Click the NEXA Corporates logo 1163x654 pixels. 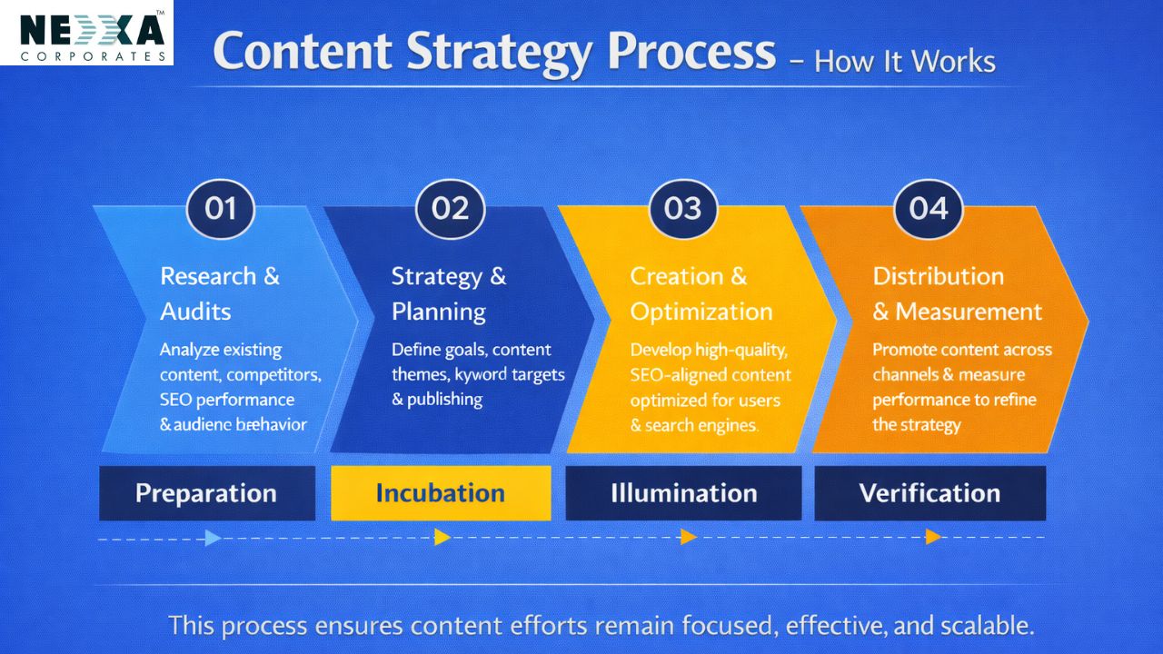tap(86, 33)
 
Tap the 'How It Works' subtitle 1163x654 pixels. tap(905, 62)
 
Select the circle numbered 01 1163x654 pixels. tap(220, 209)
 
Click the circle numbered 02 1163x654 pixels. tap(450, 209)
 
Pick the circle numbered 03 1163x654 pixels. tap(682, 209)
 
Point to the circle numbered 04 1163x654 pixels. tap(928, 209)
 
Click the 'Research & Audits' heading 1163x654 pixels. tap(220, 293)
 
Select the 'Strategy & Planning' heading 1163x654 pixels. tap(449, 293)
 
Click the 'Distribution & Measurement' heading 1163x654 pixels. tap(957, 293)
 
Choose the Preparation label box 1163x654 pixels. tap(206, 493)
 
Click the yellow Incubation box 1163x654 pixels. tap(441, 493)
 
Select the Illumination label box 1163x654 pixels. tap(683, 493)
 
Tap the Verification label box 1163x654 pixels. tap(929, 493)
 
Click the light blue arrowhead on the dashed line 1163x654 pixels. tap(213, 538)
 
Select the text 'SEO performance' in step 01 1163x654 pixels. tap(227, 400)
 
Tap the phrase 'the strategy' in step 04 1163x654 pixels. tap(916, 424)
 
